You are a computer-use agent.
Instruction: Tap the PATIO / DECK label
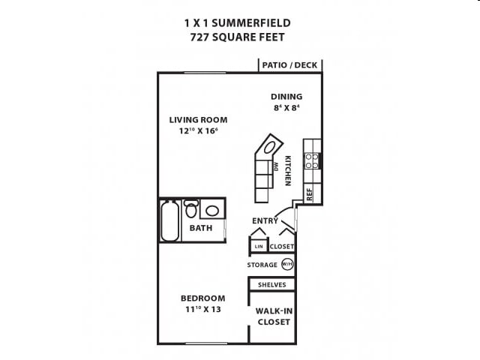(289, 65)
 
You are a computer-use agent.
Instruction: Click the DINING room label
(286, 96)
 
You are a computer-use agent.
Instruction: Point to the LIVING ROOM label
(198, 119)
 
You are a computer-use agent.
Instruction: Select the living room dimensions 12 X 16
(198, 131)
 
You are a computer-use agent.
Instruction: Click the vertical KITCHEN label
(287, 170)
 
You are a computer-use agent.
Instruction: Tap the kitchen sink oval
(272, 145)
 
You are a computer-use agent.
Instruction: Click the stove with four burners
(312, 160)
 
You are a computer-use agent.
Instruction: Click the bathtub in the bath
(171, 220)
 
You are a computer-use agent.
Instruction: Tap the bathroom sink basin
(213, 211)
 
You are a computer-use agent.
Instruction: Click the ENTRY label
(265, 220)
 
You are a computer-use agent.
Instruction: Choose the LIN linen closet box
(259, 246)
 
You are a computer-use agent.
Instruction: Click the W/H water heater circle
(287, 265)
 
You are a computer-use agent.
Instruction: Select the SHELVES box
(271, 285)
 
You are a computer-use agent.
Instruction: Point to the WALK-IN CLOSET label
(273, 316)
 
